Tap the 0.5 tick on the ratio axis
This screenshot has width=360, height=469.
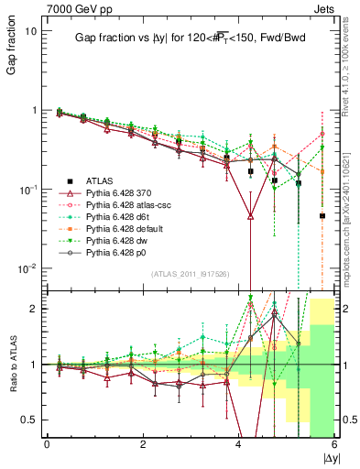pos(30,420)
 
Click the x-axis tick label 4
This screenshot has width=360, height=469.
pos(238,445)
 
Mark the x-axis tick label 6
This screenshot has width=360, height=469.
pos(334,445)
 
